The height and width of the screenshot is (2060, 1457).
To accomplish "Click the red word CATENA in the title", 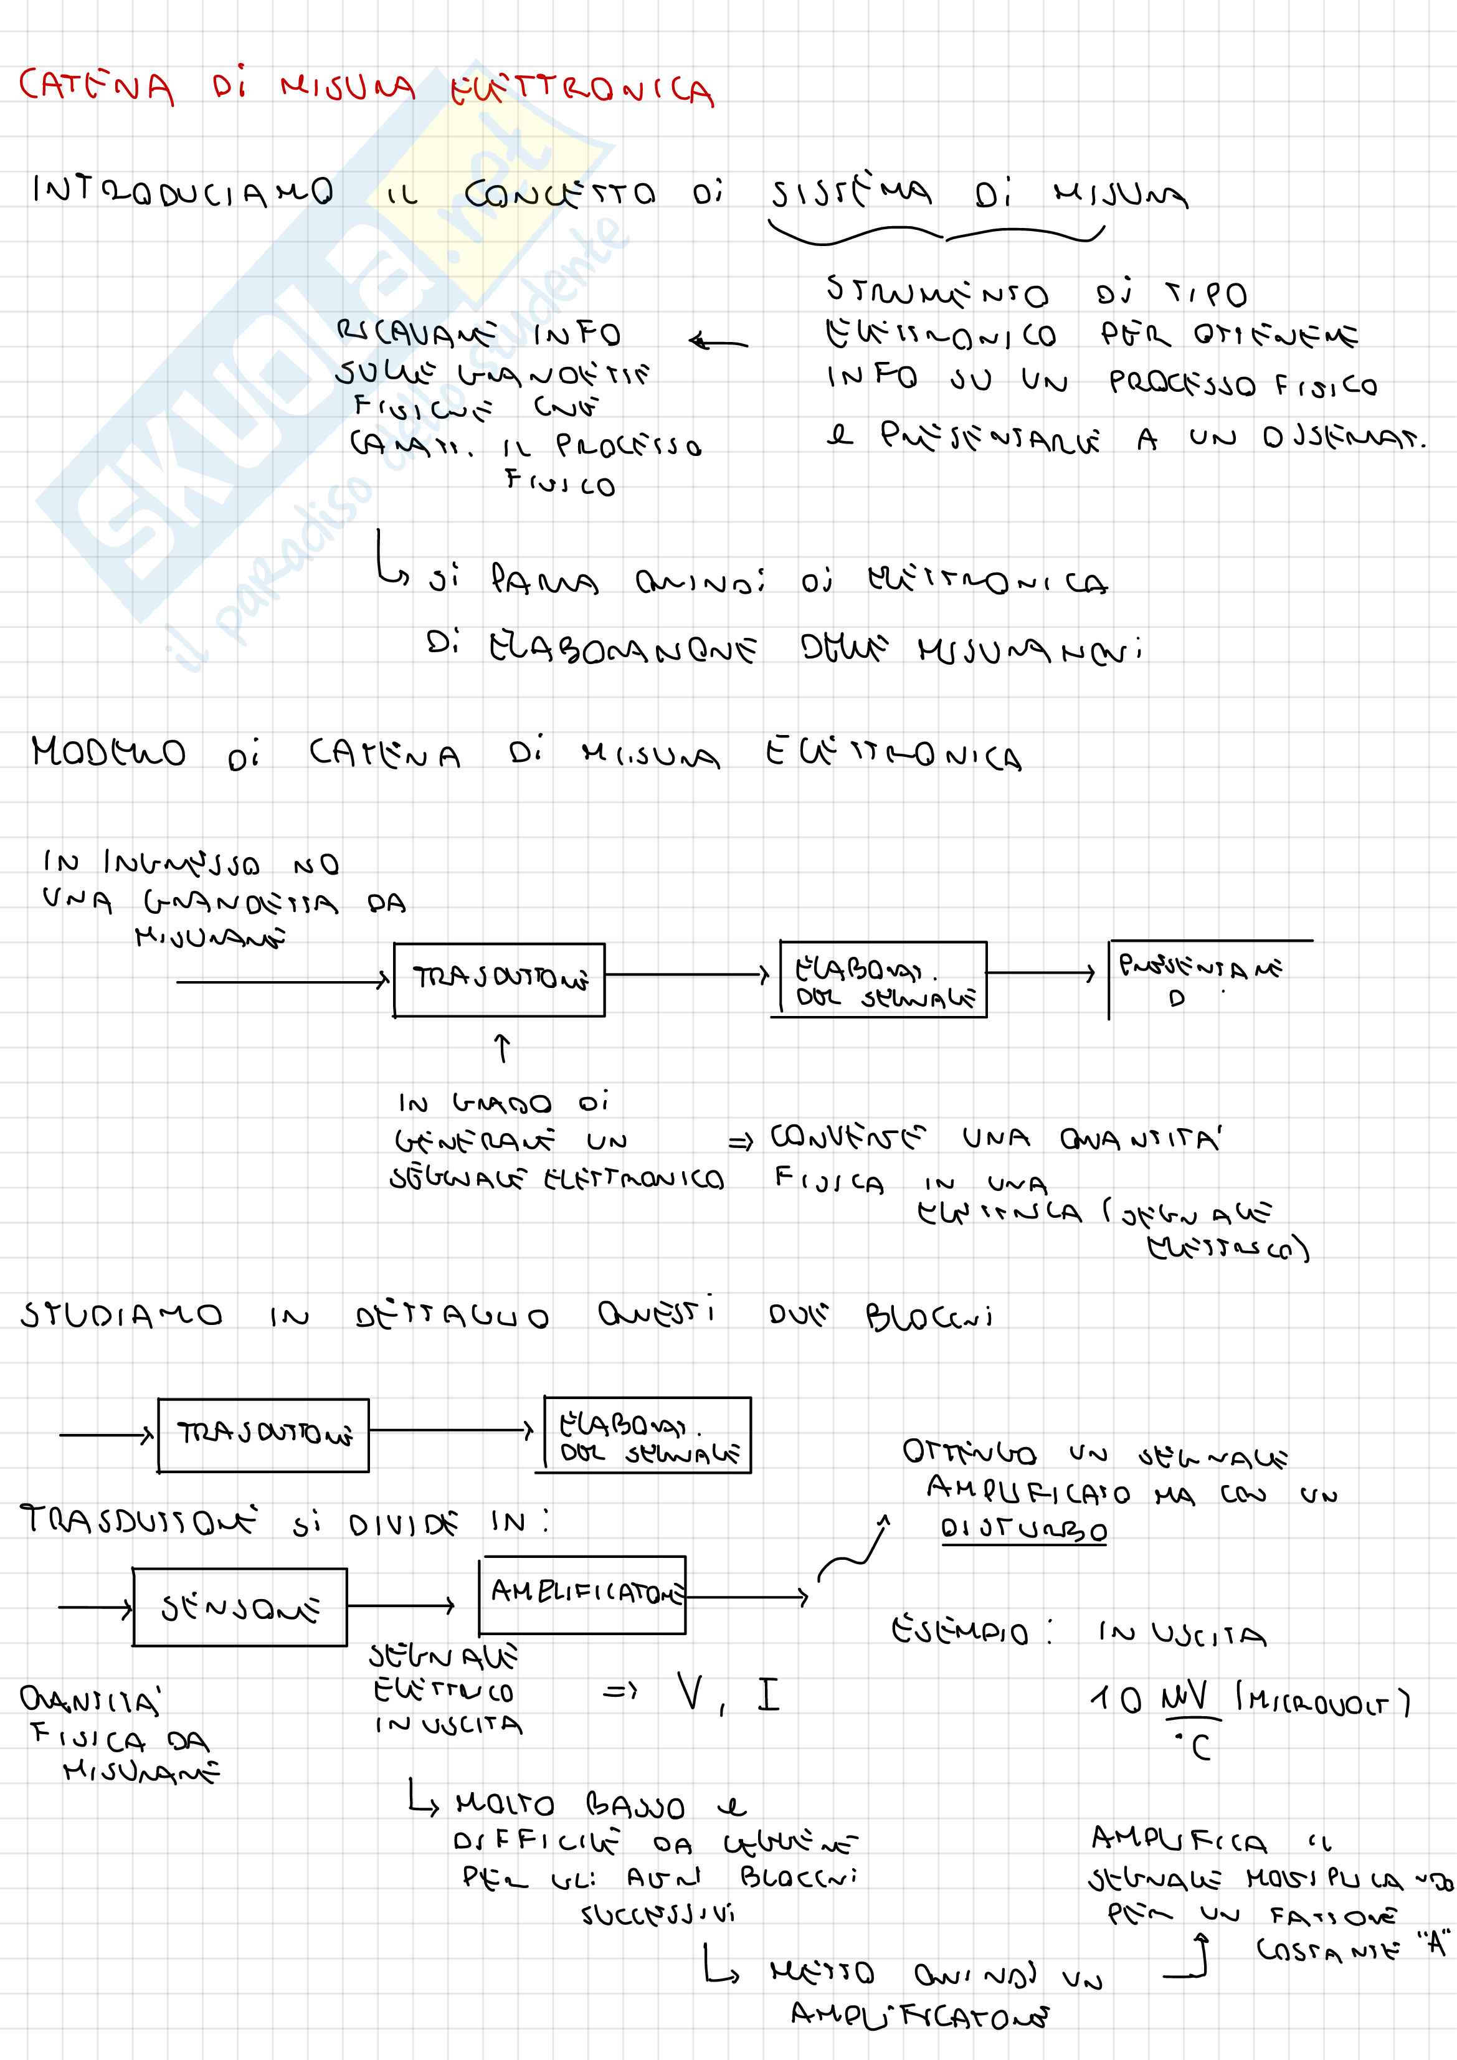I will (x=96, y=87).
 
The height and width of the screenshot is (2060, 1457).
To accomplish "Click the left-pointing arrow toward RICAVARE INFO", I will (x=718, y=342).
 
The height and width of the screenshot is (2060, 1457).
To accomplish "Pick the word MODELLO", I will (x=108, y=752).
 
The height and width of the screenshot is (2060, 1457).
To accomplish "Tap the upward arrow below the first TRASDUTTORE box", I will (x=503, y=1048).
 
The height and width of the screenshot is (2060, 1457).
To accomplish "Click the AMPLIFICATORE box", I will (x=583, y=1593).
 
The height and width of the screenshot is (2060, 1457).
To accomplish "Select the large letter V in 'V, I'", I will (x=691, y=1693).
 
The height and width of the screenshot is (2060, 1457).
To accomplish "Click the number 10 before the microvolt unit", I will (x=1116, y=1699).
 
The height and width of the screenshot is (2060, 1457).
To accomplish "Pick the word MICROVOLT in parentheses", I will (x=1323, y=1699).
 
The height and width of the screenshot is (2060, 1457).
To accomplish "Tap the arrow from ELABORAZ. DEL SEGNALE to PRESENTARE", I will (x=1041, y=972).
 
